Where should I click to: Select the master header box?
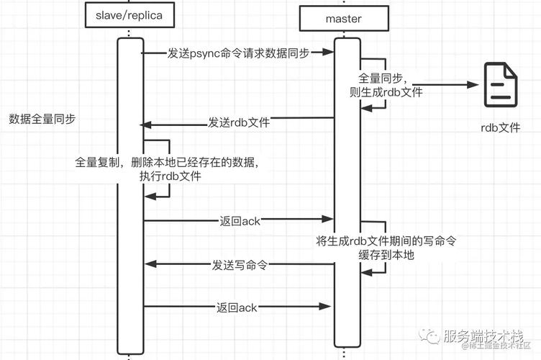click(x=341, y=16)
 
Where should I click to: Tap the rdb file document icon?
click(x=500, y=84)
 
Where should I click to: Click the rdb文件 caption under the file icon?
click(x=501, y=127)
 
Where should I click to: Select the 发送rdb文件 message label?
click(x=240, y=122)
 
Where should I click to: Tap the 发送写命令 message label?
click(x=240, y=266)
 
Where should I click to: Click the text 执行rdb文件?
click(x=171, y=176)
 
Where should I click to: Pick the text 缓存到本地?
click(x=386, y=255)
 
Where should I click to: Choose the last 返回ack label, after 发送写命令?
click(x=237, y=307)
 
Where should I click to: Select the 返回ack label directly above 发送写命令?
click(x=240, y=220)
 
